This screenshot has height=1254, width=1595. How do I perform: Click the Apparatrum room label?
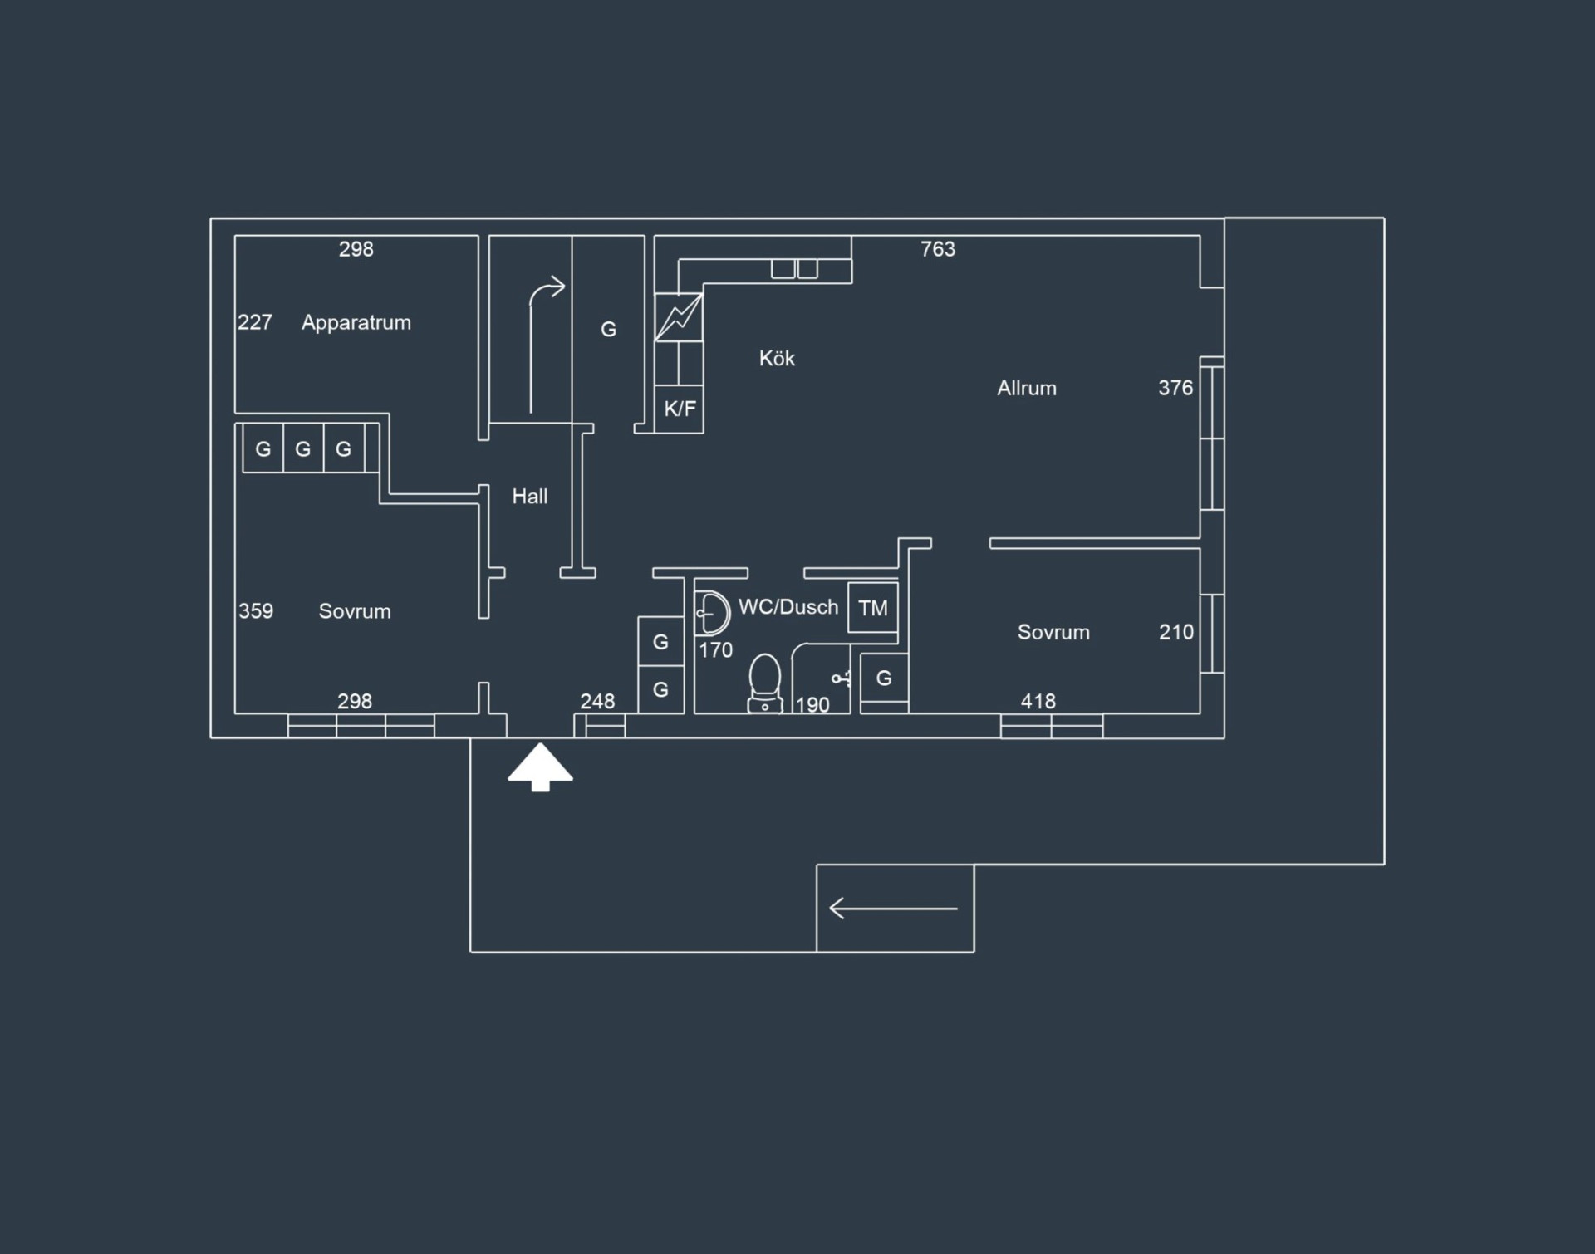tap(356, 323)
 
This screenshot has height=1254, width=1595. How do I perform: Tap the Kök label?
tap(777, 358)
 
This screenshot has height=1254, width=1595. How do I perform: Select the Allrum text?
tap(1027, 388)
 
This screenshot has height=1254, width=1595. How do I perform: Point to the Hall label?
tap(530, 497)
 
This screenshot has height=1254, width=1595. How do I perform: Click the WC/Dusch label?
tap(788, 607)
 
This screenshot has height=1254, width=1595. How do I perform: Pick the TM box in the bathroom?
tap(873, 608)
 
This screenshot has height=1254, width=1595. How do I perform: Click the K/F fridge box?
tap(680, 409)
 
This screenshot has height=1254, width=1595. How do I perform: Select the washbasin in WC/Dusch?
tap(712, 613)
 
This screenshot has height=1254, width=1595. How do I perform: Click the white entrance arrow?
tap(541, 767)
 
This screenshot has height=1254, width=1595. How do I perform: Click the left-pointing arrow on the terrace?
tap(894, 909)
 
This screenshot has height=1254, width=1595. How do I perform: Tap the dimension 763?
tap(938, 249)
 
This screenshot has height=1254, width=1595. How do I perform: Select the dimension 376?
tap(1175, 388)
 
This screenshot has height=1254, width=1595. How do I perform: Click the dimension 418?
tap(1038, 702)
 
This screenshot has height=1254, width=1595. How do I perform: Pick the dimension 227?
tap(255, 322)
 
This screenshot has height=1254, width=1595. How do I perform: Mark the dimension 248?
tap(597, 702)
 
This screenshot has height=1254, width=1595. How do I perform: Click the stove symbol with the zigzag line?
tap(679, 317)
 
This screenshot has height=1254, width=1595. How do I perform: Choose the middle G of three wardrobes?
tap(303, 449)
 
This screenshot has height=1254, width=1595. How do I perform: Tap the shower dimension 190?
tap(812, 705)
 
